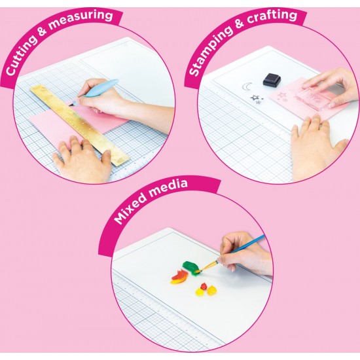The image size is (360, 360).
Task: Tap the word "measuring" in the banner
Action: (x=81, y=19)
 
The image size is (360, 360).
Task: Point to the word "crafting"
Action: (x=272, y=16)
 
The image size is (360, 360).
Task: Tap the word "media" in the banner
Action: (x=169, y=189)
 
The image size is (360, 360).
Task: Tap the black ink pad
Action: (x=272, y=79)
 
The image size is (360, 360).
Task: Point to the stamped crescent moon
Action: (x=245, y=87)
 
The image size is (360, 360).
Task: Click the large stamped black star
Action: (x=255, y=98)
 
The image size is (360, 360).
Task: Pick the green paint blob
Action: (x=191, y=267)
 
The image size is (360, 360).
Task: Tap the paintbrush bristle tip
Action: (x=198, y=272)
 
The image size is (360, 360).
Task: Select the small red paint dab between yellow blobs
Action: (x=204, y=286)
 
